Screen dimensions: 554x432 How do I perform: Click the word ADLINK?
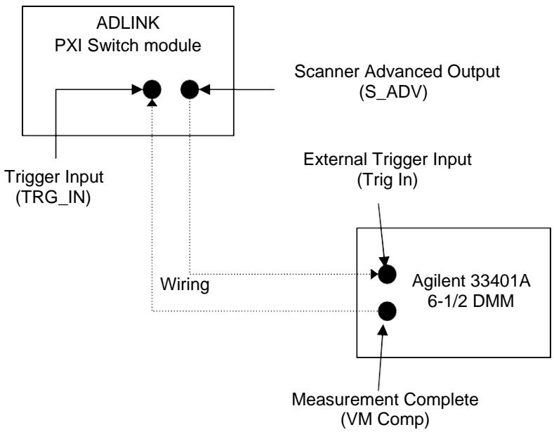(128, 23)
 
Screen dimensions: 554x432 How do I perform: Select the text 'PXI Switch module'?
(128, 46)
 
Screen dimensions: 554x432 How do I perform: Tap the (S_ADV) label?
(393, 92)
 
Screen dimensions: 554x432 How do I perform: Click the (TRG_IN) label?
(53, 197)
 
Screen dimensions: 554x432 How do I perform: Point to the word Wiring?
(185, 284)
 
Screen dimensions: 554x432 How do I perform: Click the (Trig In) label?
(387, 180)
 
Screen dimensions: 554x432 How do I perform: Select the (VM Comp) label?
(385, 419)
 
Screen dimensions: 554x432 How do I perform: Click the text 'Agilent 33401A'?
(471, 281)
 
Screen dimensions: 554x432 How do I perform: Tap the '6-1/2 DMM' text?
(470, 301)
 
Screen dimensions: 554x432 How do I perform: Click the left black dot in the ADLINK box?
(152, 89)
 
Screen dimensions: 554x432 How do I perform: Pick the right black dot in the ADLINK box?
(190, 89)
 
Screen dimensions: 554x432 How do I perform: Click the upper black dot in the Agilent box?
(387, 275)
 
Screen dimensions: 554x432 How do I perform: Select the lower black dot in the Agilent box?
(387, 311)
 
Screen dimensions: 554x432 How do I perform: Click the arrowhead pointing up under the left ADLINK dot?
(152, 103)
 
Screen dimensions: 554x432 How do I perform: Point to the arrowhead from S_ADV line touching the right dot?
(204, 89)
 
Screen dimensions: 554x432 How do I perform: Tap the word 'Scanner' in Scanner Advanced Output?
(327, 72)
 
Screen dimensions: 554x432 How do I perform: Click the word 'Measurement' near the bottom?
(345, 400)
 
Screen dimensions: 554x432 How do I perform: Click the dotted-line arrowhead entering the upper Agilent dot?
(374, 274)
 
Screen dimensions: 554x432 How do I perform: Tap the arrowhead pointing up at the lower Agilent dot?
(383, 330)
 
